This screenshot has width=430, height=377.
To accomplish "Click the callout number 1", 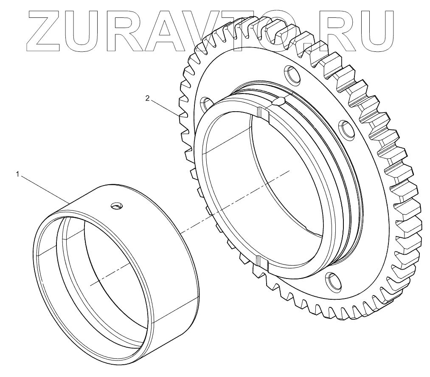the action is tap(18, 174).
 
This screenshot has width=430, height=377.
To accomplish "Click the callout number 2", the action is tap(148, 98).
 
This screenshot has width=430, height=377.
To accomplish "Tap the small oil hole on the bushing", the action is tap(117, 205).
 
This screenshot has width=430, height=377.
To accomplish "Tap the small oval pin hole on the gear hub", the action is tap(278, 102).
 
